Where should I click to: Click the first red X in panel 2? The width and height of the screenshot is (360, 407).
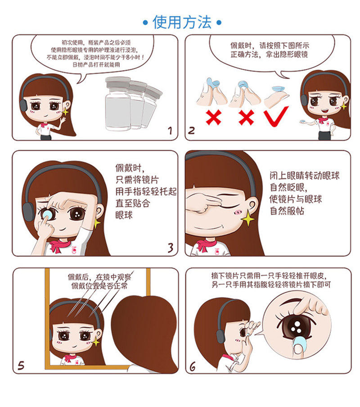[213, 118]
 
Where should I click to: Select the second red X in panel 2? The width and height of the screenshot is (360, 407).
[247, 118]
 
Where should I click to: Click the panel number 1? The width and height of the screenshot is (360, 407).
[170, 130]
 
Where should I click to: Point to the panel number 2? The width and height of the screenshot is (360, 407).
[191, 130]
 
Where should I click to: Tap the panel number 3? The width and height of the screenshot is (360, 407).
[171, 248]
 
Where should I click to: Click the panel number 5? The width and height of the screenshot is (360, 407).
[21, 366]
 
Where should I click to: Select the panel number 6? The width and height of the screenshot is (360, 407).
[193, 366]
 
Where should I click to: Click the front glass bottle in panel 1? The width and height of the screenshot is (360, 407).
[118, 104]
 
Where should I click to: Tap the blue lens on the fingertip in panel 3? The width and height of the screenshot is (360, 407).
[48, 214]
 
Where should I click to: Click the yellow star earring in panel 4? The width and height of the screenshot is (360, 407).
[248, 218]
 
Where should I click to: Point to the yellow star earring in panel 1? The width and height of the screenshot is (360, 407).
[65, 111]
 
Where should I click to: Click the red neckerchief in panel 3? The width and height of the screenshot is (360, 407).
[60, 245]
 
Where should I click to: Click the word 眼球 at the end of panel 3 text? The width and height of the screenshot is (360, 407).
[124, 215]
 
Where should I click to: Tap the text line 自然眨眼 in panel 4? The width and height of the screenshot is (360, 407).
[288, 187]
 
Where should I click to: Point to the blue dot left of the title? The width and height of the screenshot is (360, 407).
[145, 23]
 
